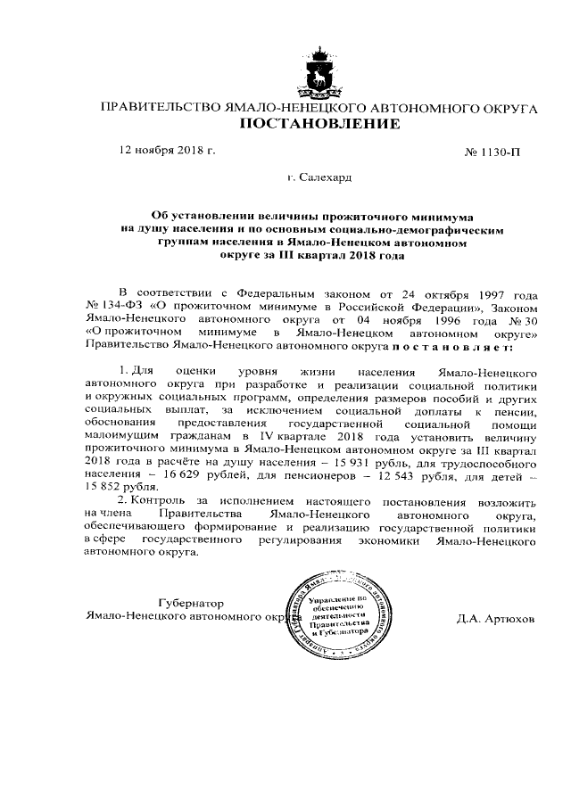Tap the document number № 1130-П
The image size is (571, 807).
pyautogui.click(x=492, y=152)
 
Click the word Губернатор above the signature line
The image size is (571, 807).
pyautogui.click(x=190, y=603)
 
